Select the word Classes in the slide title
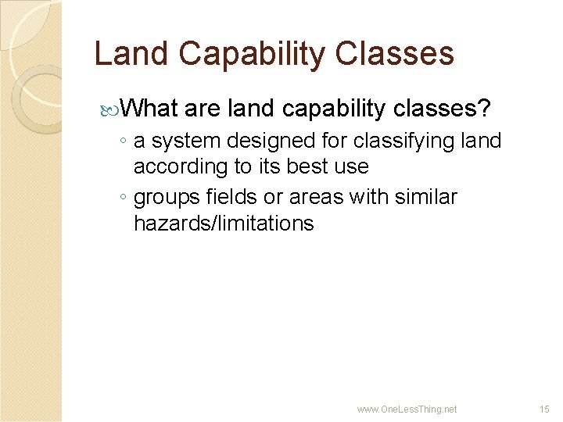pyautogui.click(x=397, y=54)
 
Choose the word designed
pyautogui.click(x=273, y=141)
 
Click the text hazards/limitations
pyautogui.click(x=224, y=224)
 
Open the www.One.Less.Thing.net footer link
pyautogui.click(x=407, y=409)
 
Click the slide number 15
pyautogui.click(x=544, y=409)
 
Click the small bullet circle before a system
pyautogui.click(x=124, y=142)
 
